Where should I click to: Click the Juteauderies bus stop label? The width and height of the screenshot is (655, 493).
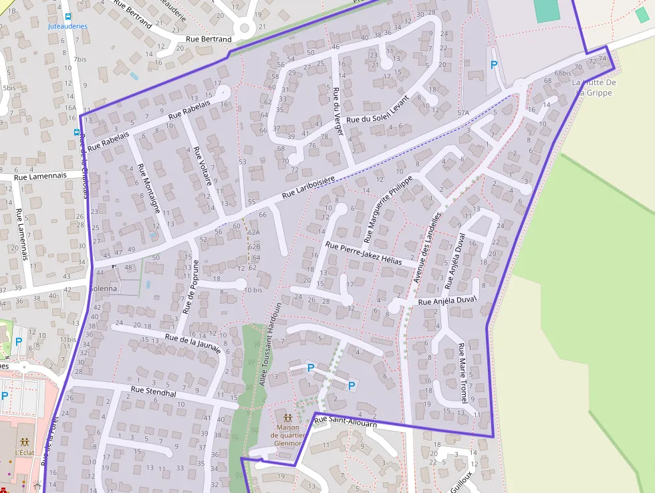click(68, 26)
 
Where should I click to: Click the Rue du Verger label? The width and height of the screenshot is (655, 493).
click(338, 111)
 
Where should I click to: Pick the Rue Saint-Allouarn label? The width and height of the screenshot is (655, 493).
click(346, 423)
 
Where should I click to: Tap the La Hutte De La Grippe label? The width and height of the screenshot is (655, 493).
click(594, 87)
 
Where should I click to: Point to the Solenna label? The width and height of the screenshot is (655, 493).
click(103, 288)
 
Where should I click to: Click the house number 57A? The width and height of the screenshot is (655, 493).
click(463, 114)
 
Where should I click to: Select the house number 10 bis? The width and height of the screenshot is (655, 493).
click(253, 290)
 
